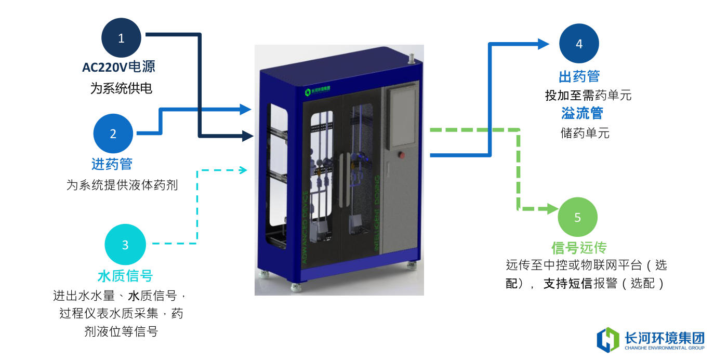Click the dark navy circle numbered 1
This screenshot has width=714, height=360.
(x=122, y=38)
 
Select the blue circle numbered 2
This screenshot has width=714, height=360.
(x=113, y=134)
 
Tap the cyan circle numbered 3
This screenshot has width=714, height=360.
(x=125, y=245)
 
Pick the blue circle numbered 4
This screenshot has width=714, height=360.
(x=579, y=44)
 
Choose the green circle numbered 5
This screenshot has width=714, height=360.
(x=577, y=217)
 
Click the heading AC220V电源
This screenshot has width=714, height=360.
(x=118, y=67)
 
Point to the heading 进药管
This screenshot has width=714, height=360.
(x=112, y=164)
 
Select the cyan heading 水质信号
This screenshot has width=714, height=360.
(x=125, y=275)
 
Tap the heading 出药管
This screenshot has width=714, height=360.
(x=579, y=77)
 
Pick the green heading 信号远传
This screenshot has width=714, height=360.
(x=579, y=248)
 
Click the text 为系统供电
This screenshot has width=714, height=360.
(x=121, y=88)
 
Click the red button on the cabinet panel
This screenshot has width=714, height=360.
(x=401, y=154)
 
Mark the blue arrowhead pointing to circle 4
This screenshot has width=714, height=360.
(x=543, y=44)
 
